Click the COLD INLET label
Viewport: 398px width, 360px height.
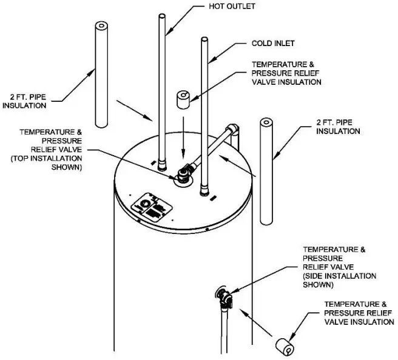point(273,44)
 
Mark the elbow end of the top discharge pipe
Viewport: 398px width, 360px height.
point(233,130)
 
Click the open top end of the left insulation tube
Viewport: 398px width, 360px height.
point(101,27)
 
